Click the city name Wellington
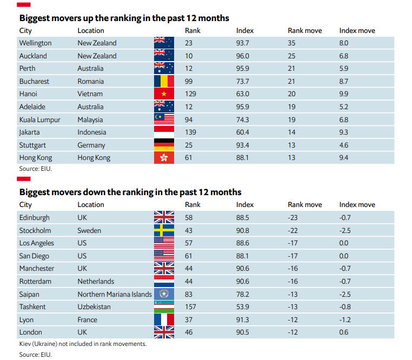click(x=35, y=43)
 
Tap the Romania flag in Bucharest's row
click(x=164, y=82)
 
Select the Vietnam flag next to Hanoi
click(x=164, y=94)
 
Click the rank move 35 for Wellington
click(x=293, y=43)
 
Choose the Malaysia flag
click(x=164, y=119)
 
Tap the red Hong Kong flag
click(x=164, y=158)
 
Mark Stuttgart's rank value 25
click(x=189, y=145)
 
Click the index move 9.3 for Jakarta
click(x=343, y=132)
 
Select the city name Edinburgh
click(x=34, y=218)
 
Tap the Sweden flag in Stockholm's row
click(x=164, y=230)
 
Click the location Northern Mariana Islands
click(x=114, y=295)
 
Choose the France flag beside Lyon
click(x=164, y=319)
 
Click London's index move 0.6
click(x=343, y=332)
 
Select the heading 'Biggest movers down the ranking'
click(x=130, y=192)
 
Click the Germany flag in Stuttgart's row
click(x=164, y=145)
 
